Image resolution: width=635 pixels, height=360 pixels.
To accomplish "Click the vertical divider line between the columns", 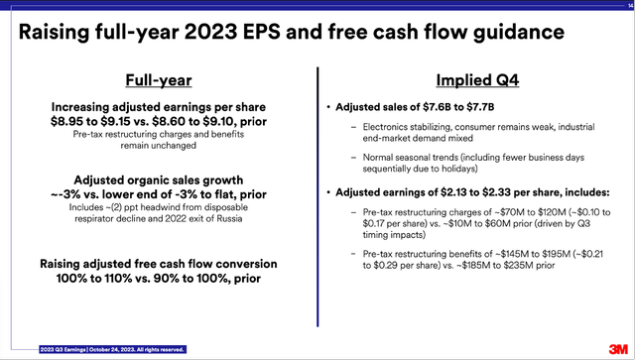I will (317, 198).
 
